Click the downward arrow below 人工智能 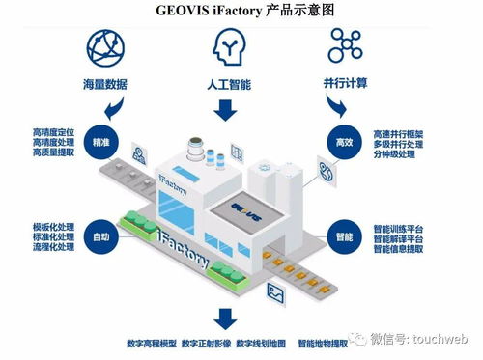pyautogui.click(x=228, y=110)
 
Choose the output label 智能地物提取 pyautogui.click(x=326, y=343)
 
